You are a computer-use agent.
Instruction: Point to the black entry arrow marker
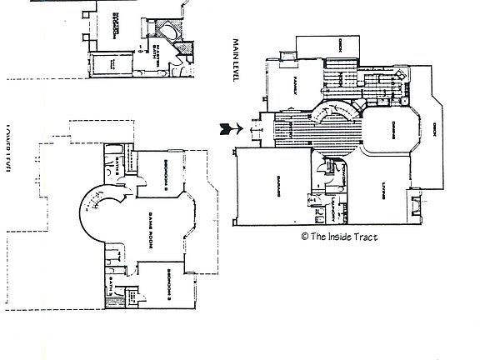click(224, 127)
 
